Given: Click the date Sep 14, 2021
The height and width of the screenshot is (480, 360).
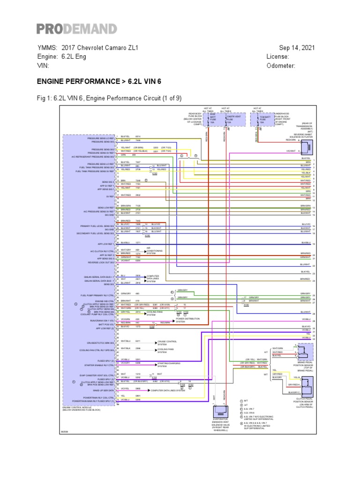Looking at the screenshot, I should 297,48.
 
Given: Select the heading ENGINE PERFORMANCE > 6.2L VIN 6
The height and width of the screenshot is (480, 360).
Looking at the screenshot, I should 99,81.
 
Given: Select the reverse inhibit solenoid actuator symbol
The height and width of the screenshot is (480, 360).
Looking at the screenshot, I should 307,147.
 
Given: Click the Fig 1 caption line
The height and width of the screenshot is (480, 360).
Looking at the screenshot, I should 109,98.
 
